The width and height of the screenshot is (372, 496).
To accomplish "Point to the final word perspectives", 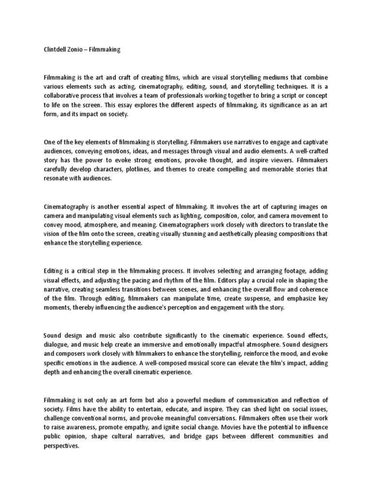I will tap(61, 446).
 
